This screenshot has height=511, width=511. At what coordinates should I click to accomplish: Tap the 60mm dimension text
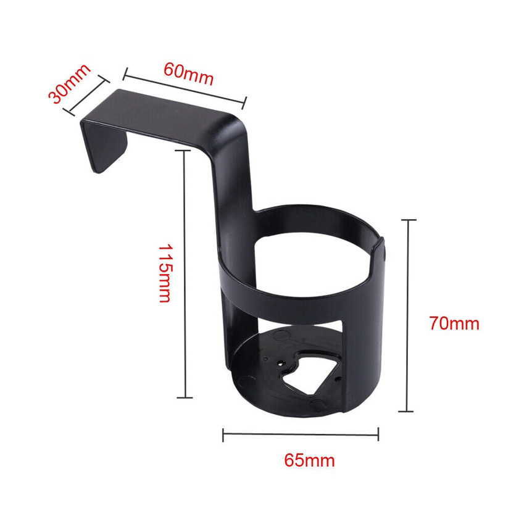[188, 73]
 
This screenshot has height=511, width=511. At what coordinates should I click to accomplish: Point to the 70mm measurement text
[454, 323]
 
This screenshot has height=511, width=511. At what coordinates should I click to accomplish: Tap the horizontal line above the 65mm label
[301, 435]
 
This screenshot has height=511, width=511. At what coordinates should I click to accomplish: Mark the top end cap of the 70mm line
[408, 219]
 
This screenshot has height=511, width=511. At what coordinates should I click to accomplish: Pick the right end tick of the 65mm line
[378, 435]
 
